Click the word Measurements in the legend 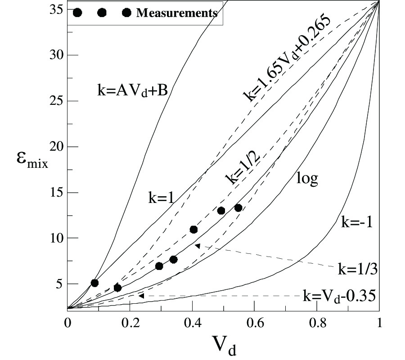click(x=177, y=13)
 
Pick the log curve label click(x=308, y=179)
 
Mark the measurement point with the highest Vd click(x=238, y=208)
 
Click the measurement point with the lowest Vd click(x=94, y=283)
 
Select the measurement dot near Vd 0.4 click(x=194, y=229)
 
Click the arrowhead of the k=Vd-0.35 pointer click(x=141, y=296)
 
